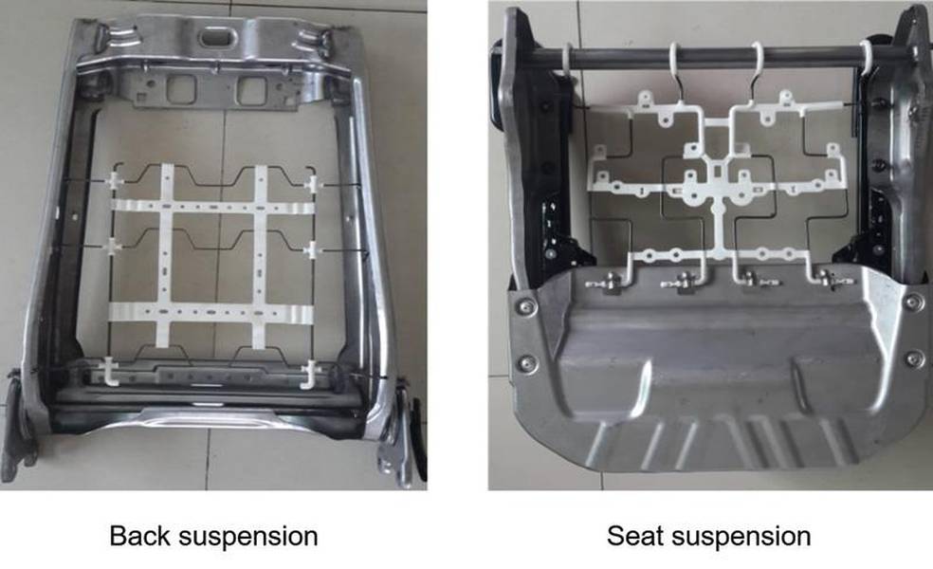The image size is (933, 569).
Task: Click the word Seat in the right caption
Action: (633, 536)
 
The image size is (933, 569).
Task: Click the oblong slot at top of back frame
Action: (217, 37)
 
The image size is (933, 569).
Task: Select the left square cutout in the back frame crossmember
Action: (181, 89)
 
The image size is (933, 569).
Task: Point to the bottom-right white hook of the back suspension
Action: (309, 375)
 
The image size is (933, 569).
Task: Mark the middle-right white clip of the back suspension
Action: (312, 250)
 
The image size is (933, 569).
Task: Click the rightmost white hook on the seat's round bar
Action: (866, 60)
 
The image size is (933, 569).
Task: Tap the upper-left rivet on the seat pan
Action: (525, 306)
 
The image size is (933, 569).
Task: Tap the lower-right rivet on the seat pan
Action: (915, 358)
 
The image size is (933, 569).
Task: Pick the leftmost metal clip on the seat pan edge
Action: (604, 284)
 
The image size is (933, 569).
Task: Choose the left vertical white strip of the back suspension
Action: (165, 256)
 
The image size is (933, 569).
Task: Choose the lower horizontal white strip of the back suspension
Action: (211, 312)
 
